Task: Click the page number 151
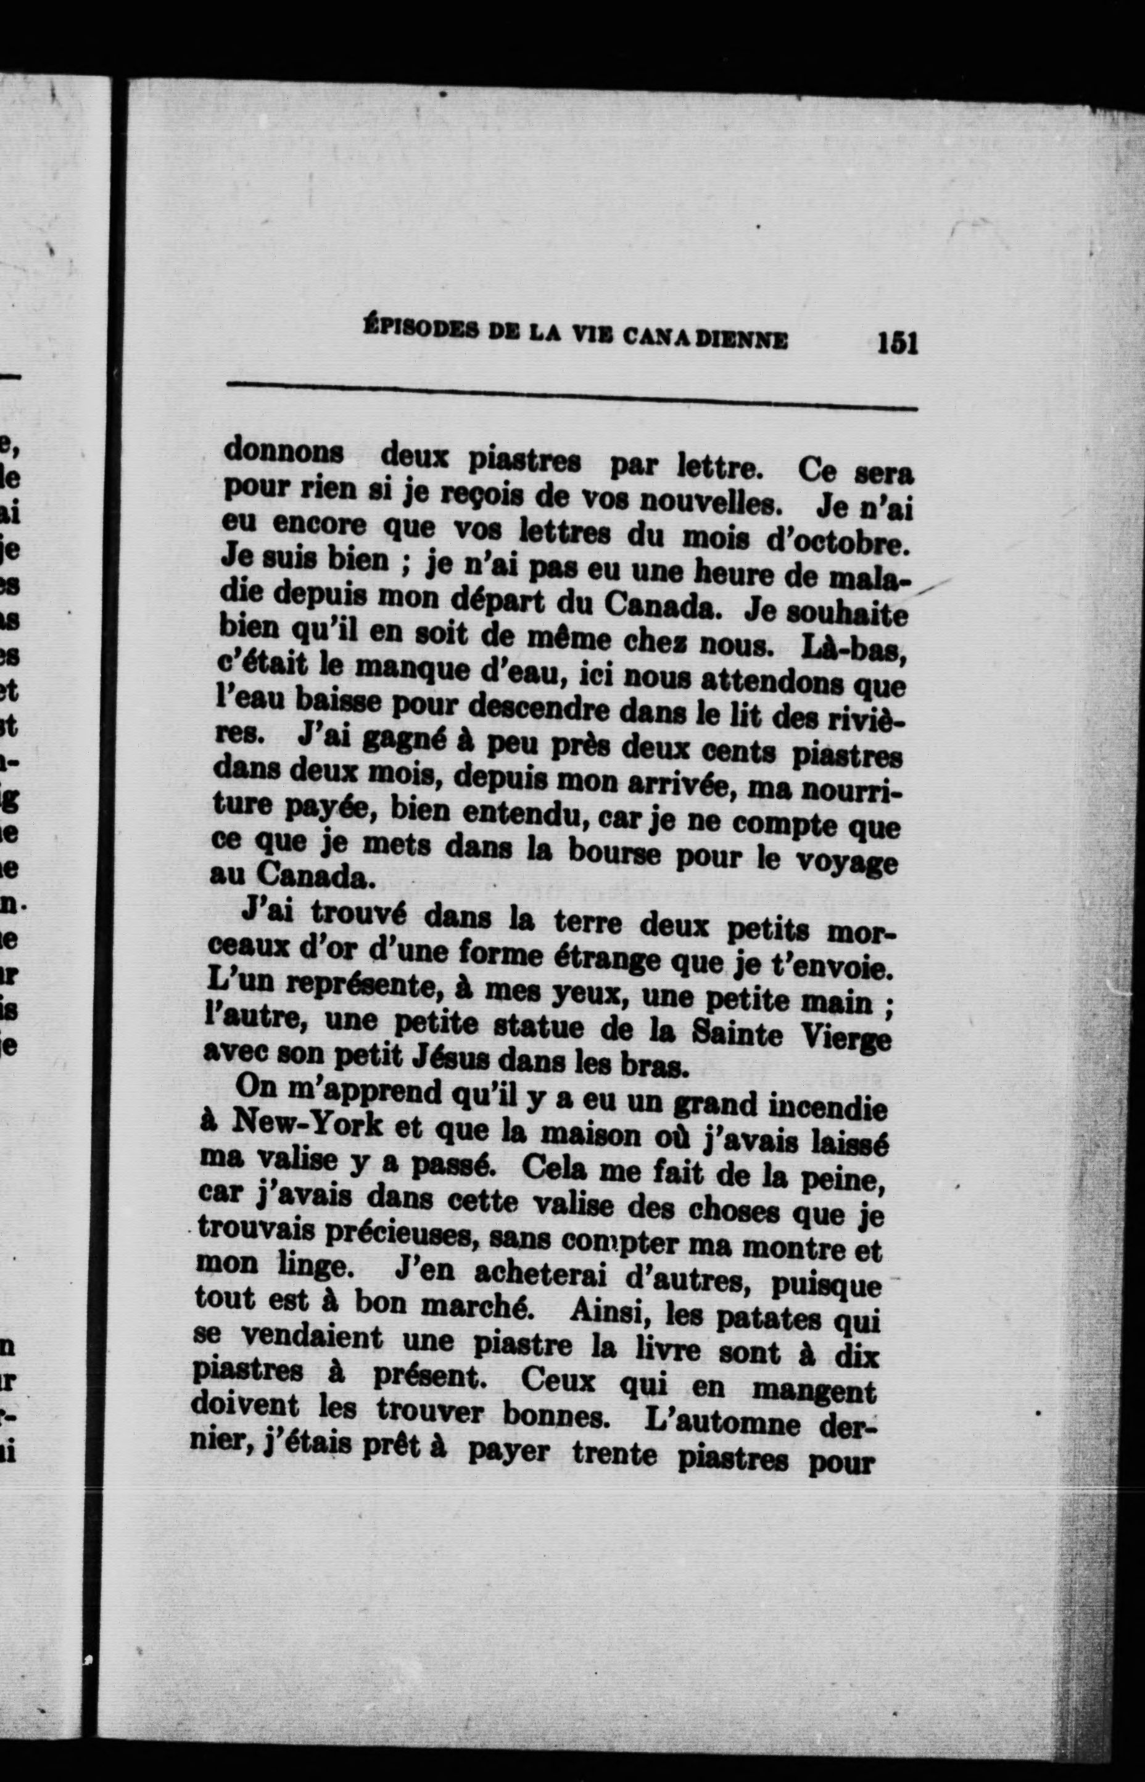coord(898,344)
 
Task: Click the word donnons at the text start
coord(284,450)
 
